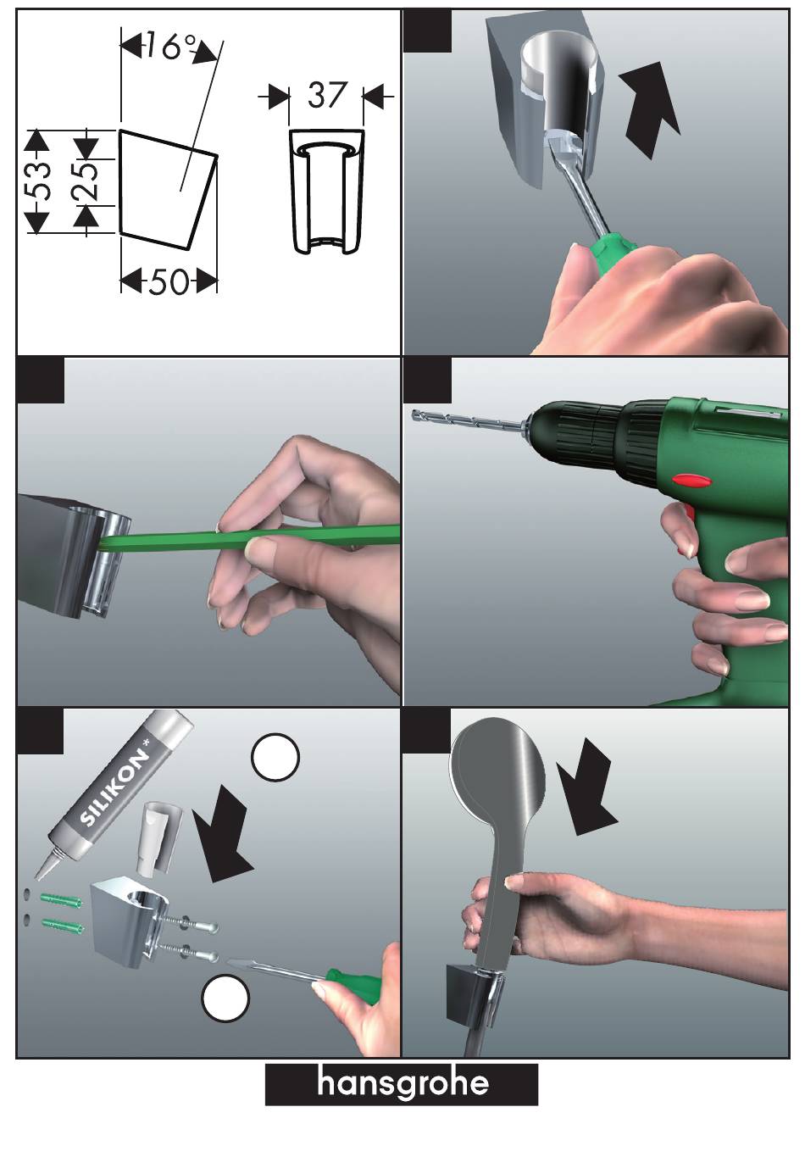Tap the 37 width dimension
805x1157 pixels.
[x=326, y=95]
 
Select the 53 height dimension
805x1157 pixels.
[x=38, y=181]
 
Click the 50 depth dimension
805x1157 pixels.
[x=169, y=282]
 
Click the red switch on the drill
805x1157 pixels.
[x=692, y=481]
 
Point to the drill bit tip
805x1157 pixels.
[x=414, y=414]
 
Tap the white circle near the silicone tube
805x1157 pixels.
[x=275, y=757]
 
